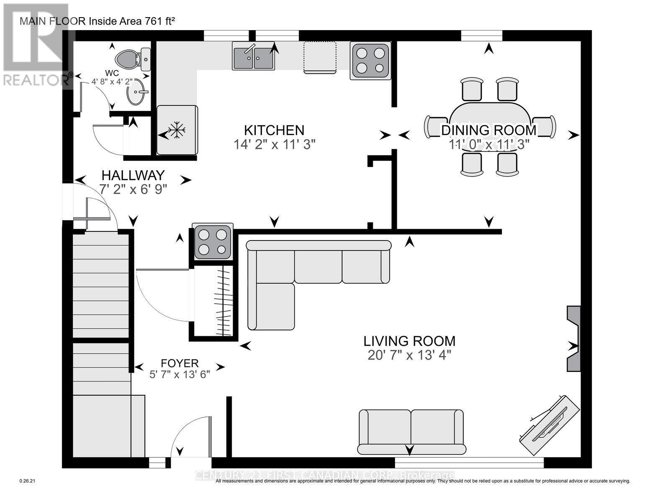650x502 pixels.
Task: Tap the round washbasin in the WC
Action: [137, 92]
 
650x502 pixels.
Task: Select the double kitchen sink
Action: [254, 58]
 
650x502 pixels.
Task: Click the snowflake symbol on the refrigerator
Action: [177, 130]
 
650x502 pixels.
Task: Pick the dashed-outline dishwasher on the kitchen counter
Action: [320, 57]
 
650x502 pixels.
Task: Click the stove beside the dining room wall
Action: [370, 61]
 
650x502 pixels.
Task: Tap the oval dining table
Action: [489, 125]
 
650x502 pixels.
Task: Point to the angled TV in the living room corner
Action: [550, 425]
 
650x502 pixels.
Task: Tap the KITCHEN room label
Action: [274, 130]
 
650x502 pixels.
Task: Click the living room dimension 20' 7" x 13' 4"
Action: [409, 355]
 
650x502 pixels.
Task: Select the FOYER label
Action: [180, 363]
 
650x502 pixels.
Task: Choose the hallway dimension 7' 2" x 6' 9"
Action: [133, 189]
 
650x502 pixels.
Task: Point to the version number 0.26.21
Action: [28, 482]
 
